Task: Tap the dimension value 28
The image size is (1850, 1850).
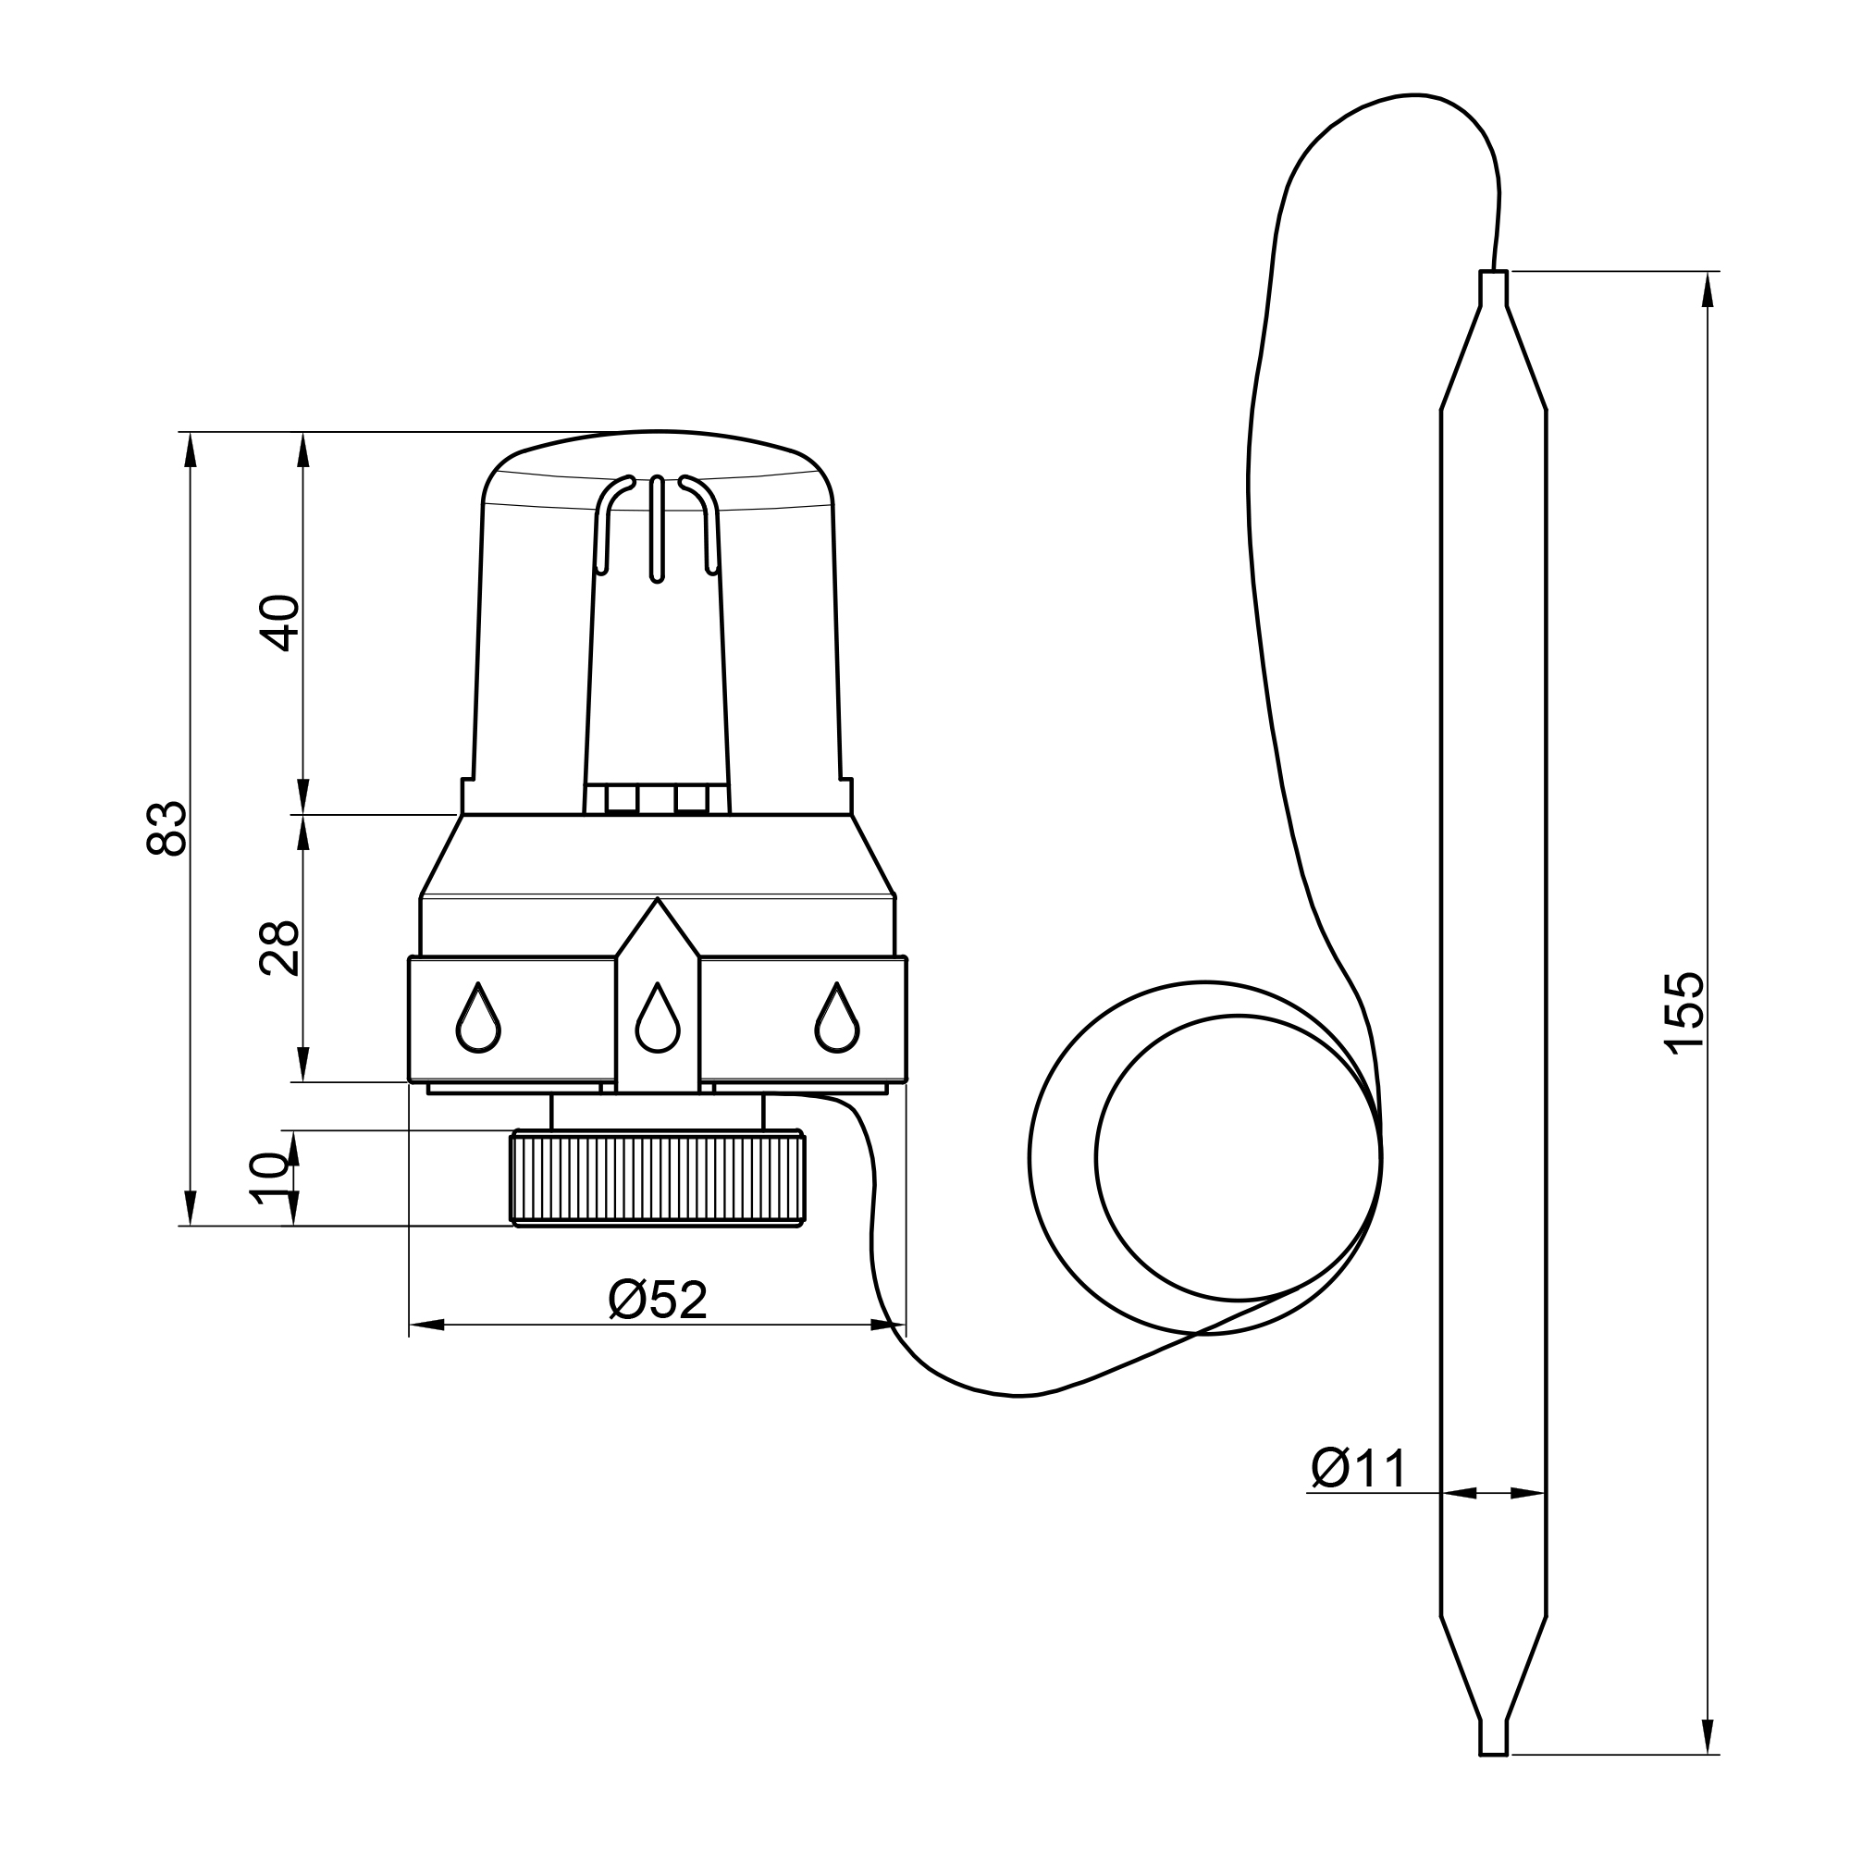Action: pyautogui.click(x=279, y=949)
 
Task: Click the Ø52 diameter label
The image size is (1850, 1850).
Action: pyautogui.click(x=658, y=1301)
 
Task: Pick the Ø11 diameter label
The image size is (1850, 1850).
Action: pyautogui.click(x=1360, y=1469)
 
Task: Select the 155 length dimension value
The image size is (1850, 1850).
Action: pyautogui.click(x=1685, y=1014)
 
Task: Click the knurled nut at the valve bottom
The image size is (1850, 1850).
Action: pyautogui.click(x=658, y=1178)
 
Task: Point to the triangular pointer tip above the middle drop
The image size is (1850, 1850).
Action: pyautogui.click(x=657, y=898)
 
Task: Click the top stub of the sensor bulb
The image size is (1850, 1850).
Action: pyautogui.click(x=1494, y=289)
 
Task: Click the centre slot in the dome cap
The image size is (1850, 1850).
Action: pyautogui.click(x=657, y=529)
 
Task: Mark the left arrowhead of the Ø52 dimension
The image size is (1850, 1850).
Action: pyautogui.click(x=427, y=1326)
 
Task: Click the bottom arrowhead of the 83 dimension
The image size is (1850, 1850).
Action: pyautogui.click(x=191, y=1208)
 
